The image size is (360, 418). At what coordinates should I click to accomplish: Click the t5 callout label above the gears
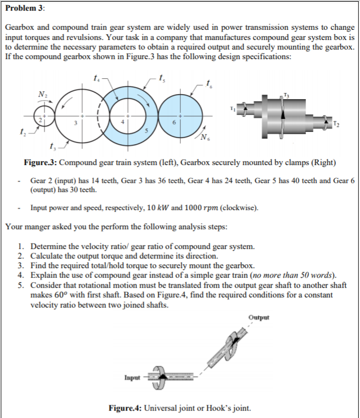click(163, 77)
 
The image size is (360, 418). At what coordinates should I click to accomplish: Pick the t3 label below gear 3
click(54, 148)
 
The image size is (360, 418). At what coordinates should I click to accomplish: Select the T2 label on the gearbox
click(336, 124)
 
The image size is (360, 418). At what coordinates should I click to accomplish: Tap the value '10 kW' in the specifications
click(155, 207)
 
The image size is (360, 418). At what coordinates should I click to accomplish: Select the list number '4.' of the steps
click(21, 275)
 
